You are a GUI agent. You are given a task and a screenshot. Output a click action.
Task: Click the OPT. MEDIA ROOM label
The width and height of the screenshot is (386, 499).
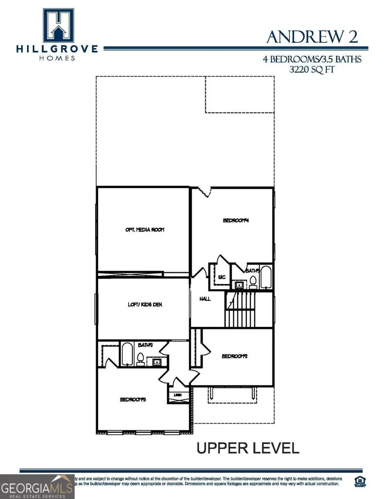pyautogui.click(x=145, y=230)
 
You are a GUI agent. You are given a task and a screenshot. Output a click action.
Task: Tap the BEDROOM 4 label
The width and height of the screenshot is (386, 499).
pyautogui.click(x=236, y=221)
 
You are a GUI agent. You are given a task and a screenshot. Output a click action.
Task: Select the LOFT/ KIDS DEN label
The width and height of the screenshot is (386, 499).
pyautogui.click(x=145, y=305)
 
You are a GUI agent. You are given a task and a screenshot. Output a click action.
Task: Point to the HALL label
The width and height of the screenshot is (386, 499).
pyautogui.click(x=205, y=299)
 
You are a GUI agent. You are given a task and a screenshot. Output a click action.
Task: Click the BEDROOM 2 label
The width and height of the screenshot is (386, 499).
pyautogui.click(x=235, y=356)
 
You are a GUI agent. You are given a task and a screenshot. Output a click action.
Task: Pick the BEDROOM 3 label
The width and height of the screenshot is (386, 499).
pyautogui.click(x=133, y=400)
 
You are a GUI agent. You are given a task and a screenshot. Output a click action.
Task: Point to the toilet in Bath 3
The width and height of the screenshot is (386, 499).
pyautogui.click(x=253, y=282)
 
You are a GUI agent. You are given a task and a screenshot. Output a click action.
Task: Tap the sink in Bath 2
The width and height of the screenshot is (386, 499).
pyautogui.click(x=157, y=362)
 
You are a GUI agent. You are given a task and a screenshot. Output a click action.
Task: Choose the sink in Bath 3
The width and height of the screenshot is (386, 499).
pyautogui.click(x=238, y=284)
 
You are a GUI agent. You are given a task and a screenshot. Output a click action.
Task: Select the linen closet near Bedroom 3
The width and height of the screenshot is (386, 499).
pyautogui.click(x=177, y=397)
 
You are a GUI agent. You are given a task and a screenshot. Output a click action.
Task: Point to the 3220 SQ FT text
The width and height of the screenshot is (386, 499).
pyautogui.click(x=312, y=69)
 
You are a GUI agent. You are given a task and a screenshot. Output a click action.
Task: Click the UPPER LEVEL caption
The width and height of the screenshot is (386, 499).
pyautogui.click(x=247, y=448)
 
